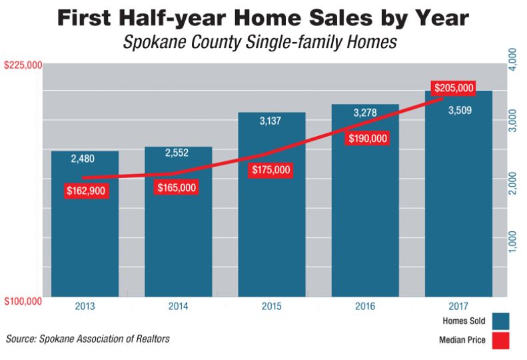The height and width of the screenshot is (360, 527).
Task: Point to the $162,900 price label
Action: click(86, 190)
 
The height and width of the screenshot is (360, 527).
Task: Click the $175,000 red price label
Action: click(271, 170)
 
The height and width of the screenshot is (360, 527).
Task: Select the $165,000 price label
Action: click(177, 188)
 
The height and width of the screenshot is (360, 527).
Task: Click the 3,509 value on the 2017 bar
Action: click(458, 110)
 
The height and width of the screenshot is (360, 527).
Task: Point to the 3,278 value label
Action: click(365, 113)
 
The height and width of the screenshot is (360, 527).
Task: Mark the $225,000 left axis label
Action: click(23, 65)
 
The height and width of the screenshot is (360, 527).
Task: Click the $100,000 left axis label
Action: click(23, 301)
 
